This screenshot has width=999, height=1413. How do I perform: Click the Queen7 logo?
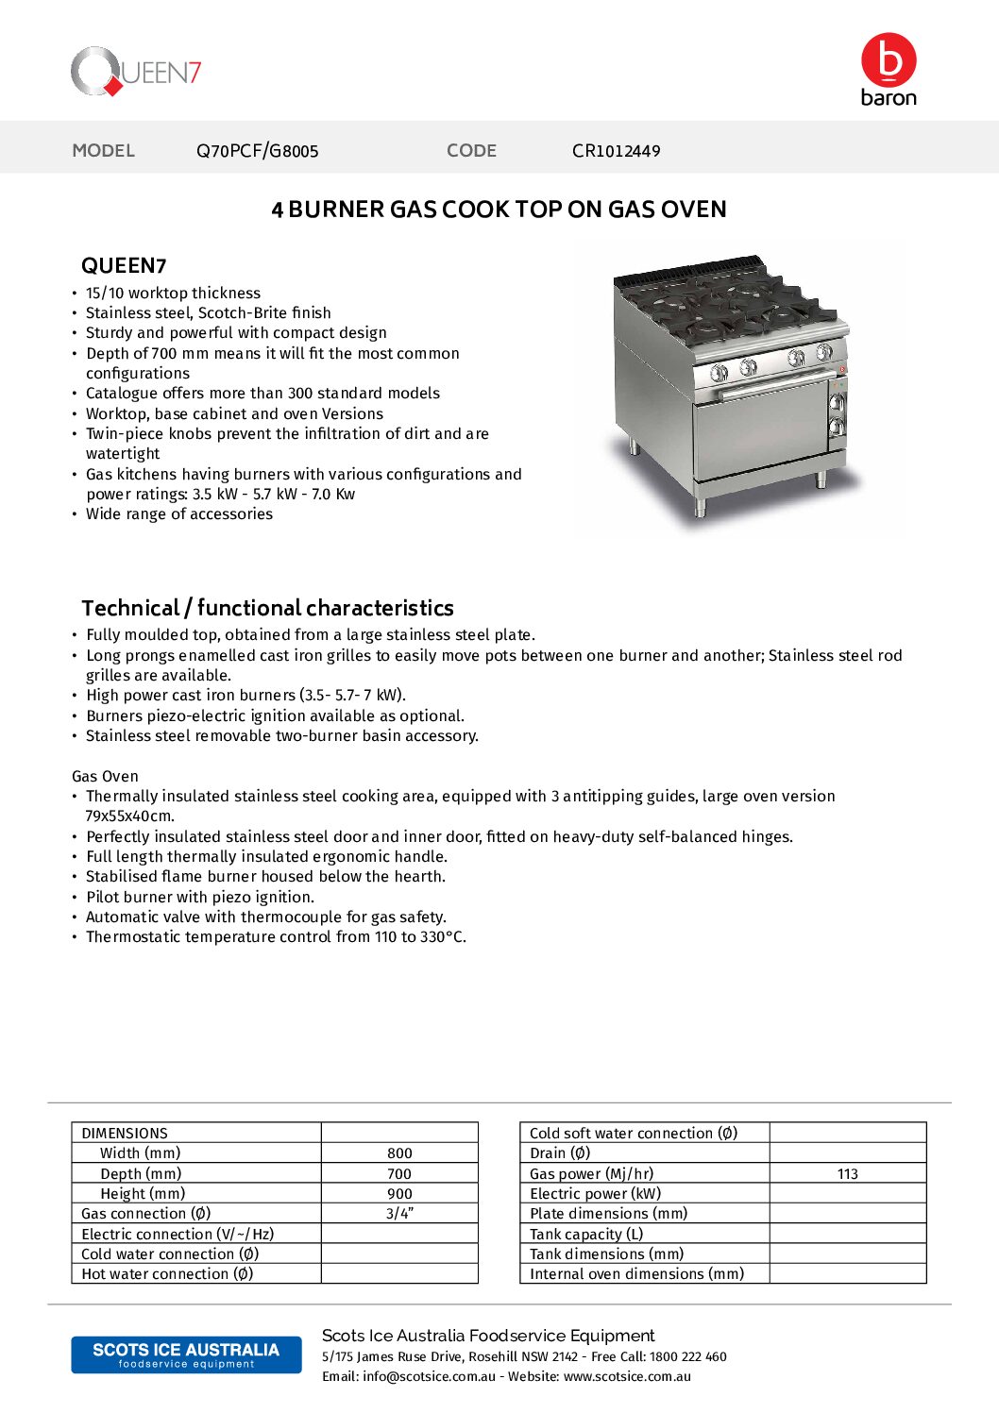[x=136, y=72]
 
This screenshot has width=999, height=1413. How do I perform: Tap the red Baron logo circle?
[x=889, y=59]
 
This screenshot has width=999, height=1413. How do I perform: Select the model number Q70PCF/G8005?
[x=257, y=151]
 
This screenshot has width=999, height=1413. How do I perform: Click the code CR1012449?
[x=616, y=151]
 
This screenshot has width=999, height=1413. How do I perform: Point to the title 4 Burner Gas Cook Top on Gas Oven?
[x=499, y=210]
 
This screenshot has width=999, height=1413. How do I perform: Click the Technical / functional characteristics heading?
[x=267, y=608]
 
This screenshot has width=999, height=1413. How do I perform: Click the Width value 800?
[x=399, y=1153]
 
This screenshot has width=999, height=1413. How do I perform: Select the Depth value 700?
[x=399, y=1174]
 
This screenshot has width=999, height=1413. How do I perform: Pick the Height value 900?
[x=399, y=1194]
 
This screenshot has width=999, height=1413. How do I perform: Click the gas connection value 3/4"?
[x=399, y=1214]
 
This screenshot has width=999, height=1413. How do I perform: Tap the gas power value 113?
[x=847, y=1174]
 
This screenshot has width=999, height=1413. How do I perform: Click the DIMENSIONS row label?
[x=125, y=1134]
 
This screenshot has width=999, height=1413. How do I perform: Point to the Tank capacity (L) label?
[x=586, y=1235]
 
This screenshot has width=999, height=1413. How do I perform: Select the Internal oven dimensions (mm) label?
[x=636, y=1274]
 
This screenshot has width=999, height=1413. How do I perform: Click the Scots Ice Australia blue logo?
[x=186, y=1354]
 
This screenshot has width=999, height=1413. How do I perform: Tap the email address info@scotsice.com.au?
[x=429, y=1377]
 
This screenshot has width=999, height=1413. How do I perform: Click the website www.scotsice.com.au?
[x=627, y=1377]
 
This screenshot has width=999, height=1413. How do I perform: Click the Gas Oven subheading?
[x=105, y=777]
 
